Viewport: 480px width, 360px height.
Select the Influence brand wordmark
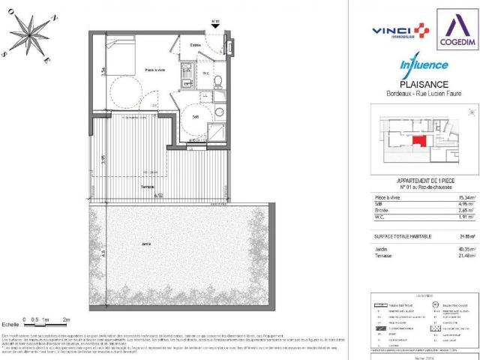(424, 65)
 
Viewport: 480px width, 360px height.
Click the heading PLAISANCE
(424, 85)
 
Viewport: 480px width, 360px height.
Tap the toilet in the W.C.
(217, 82)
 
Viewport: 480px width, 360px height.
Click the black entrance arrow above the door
(216, 26)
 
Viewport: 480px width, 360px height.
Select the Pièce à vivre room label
(154, 70)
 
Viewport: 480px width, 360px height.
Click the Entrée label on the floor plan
(195, 45)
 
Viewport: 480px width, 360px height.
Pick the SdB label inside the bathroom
(194, 117)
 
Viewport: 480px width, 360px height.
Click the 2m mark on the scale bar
(67, 319)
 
